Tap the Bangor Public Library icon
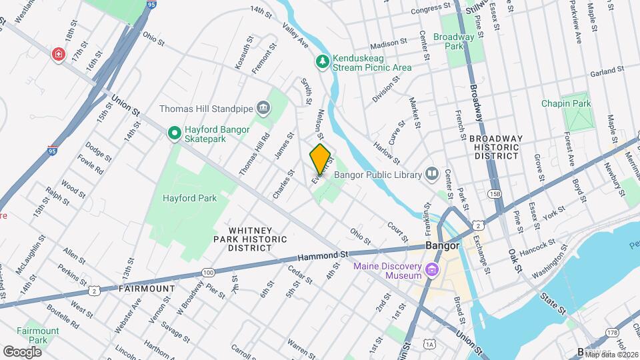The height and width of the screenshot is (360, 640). click(x=432, y=175)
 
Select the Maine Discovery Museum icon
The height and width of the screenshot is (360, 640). click(x=432, y=270)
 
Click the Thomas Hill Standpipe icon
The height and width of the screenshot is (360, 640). click(x=263, y=108)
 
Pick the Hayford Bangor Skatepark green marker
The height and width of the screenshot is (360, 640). click(x=174, y=133)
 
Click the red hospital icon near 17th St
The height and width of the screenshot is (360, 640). click(x=59, y=54)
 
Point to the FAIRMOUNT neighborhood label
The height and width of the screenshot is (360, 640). click(x=147, y=289)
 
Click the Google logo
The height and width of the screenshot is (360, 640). click(x=22, y=351)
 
